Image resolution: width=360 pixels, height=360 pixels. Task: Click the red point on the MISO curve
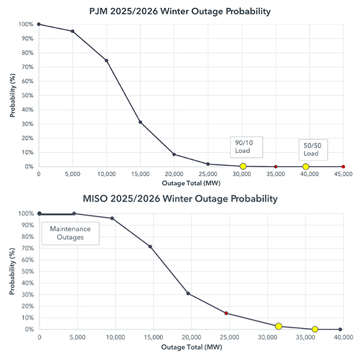click(x=226, y=313)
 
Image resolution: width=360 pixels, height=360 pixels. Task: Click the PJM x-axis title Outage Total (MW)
click(x=190, y=182)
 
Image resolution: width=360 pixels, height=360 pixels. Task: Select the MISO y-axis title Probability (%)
click(x=13, y=271)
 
